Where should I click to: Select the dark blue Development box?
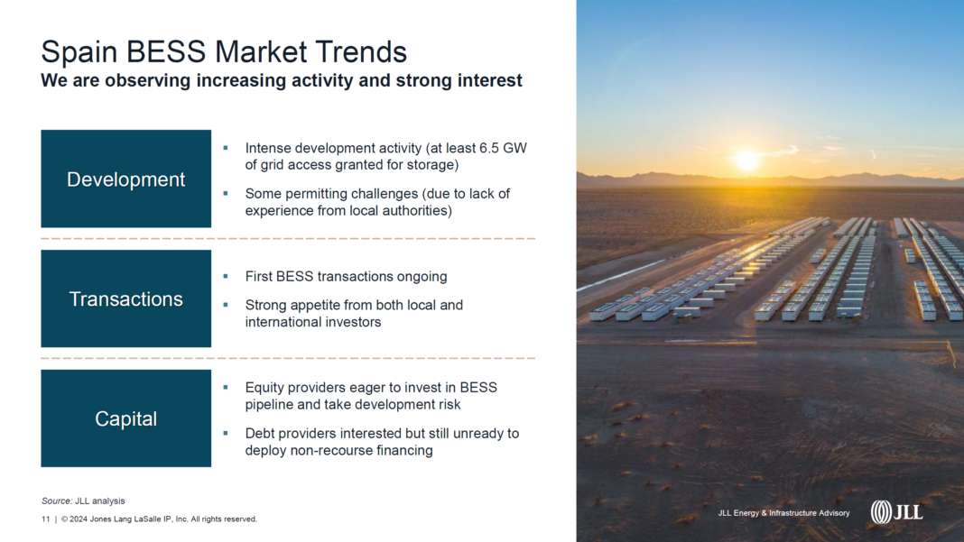[126, 179]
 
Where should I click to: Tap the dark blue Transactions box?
[126, 299]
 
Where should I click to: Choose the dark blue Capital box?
[126, 418]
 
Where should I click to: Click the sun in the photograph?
[747, 160]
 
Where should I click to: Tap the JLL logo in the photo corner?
[896, 511]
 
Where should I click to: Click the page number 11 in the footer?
[45, 519]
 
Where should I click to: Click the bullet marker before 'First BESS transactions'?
[226, 277]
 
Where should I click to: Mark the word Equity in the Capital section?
[264, 389]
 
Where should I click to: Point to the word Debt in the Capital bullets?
[259, 434]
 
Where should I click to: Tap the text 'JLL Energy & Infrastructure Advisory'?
[783, 513]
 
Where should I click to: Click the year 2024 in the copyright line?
[79, 519]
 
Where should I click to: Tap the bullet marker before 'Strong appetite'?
[226, 305]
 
